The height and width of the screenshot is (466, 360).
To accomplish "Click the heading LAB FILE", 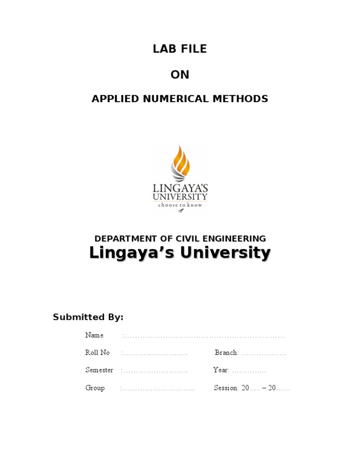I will (x=180, y=49).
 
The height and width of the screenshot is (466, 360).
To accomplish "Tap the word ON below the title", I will (x=180, y=75).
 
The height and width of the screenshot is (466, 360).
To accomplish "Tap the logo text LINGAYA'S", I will (x=180, y=188).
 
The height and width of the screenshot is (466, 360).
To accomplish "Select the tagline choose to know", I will (x=180, y=205).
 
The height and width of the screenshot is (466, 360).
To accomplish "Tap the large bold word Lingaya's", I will (x=132, y=253).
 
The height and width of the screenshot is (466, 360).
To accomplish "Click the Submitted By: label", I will (x=88, y=317).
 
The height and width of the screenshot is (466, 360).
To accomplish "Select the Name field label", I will (x=94, y=335).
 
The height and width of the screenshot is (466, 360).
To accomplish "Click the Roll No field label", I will (x=97, y=353).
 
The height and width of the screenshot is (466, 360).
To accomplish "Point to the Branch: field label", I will (x=227, y=353).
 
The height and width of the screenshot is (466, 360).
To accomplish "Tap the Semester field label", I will (x=99, y=370).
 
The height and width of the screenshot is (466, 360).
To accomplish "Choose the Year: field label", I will (x=221, y=370).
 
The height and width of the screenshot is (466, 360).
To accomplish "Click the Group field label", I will (x=95, y=388).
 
